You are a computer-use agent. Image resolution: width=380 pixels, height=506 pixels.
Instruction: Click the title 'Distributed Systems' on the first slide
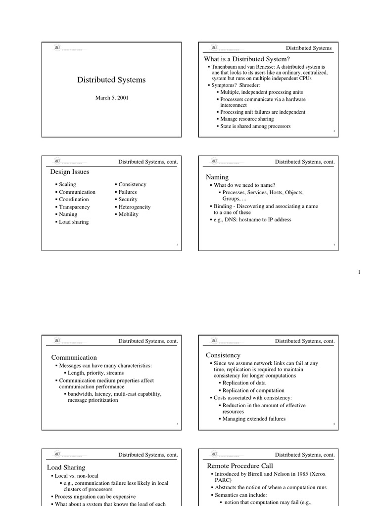111,80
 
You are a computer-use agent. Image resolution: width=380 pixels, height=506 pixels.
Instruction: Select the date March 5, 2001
111,98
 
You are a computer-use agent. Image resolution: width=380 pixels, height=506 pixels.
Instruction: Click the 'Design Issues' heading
70,172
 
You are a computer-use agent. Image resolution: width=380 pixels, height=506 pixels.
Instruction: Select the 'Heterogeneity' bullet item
134,207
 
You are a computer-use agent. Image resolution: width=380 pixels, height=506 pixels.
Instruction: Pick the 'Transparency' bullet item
74,207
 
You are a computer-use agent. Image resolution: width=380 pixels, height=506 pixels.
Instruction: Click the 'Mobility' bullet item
128,214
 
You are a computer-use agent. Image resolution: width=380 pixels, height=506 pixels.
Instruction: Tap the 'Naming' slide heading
217,177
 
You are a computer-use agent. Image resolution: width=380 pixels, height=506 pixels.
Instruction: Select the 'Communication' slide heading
74,357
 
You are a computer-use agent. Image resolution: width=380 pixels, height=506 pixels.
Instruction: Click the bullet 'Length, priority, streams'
96,373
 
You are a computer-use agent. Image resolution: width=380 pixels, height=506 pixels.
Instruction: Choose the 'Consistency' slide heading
223,355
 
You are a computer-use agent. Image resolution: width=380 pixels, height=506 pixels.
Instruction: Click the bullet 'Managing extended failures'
254,419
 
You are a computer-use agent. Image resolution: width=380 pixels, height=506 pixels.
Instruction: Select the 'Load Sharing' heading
66,467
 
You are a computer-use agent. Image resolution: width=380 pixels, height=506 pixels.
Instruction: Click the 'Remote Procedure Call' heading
240,465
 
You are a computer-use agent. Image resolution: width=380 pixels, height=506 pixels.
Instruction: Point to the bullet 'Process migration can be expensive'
95,497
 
